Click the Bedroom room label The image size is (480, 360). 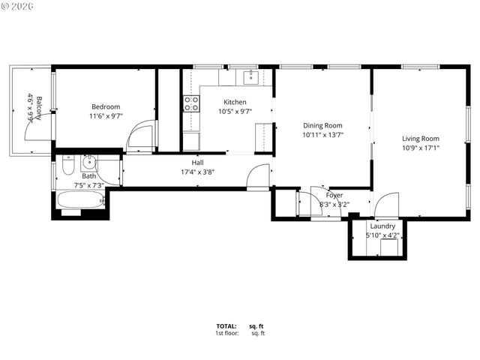[x=106, y=106]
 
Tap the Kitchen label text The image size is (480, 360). [x=235, y=102]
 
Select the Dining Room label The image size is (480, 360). [x=322, y=125]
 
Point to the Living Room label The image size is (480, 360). [x=420, y=138]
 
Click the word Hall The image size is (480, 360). [x=197, y=162]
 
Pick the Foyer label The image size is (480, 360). [x=334, y=195]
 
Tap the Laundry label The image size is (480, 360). [x=382, y=226]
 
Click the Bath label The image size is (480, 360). [x=88, y=176]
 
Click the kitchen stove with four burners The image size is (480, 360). [x=190, y=103]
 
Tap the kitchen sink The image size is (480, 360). [x=250, y=76]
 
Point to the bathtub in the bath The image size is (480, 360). [x=82, y=200]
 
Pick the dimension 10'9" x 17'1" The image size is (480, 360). [x=420, y=148]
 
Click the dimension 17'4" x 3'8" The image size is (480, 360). [x=197, y=172]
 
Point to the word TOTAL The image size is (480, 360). [x=226, y=326]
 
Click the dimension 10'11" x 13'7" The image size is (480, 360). [x=322, y=135]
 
